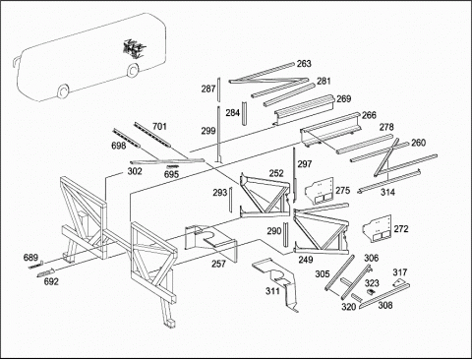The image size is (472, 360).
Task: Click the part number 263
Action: tap(304, 64)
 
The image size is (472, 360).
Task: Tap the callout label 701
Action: tap(159, 126)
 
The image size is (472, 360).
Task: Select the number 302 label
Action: tap(135, 171)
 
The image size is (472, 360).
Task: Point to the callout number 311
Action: tap(272, 291)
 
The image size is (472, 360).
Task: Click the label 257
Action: tap(218, 264)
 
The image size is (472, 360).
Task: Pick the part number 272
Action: tap(401, 229)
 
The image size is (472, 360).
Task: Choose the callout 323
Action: tap(372, 283)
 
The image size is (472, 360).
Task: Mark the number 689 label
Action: tap(30, 258)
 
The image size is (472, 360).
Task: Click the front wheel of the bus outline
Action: tap(63, 91)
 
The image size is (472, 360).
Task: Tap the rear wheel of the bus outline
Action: tap(133, 70)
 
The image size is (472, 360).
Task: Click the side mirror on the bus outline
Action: tap(16, 62)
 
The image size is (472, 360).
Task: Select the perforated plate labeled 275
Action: tap(320, 191)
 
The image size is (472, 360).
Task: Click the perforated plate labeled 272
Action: tap(377, 229)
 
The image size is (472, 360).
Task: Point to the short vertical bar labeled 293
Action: tap(231, 199)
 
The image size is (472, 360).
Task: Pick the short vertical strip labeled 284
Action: tap(244, 113)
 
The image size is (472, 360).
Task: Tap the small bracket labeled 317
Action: tap(398, 283)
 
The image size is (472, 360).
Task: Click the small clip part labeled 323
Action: tap(371, 291)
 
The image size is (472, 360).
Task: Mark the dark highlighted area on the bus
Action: tap(133, 49)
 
